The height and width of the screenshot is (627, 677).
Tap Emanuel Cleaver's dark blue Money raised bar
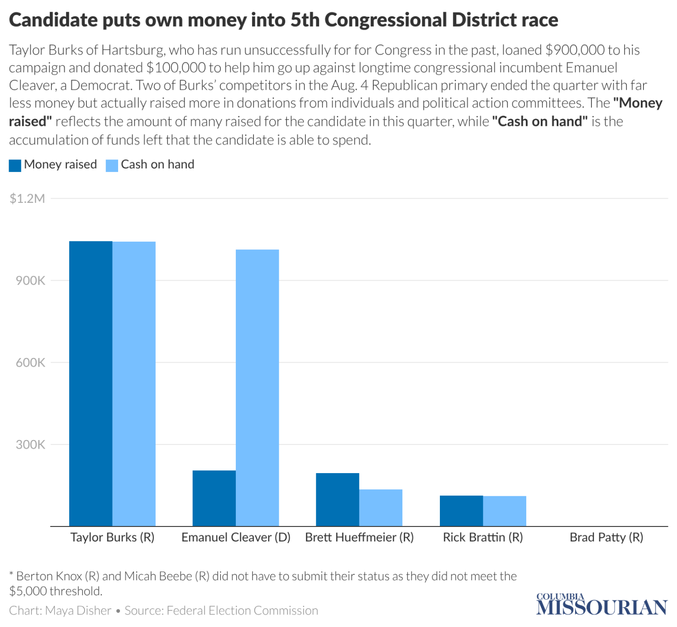coord(214,498)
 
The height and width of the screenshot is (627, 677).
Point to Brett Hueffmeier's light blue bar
coord(381,507)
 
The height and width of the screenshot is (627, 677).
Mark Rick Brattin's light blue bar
coord(505,511)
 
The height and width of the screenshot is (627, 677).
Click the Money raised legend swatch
coord(15,165)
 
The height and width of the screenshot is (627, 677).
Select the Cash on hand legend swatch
coord(112,165)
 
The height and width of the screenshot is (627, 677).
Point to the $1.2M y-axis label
coord(27,199)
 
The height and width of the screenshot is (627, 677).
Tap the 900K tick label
coord(30,281)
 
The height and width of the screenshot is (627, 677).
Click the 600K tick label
coord(30,363)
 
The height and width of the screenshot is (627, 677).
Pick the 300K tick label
coord(30,445)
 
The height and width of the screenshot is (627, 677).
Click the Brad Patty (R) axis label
coord(606,537)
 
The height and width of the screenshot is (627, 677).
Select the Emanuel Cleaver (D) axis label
coord(236,537)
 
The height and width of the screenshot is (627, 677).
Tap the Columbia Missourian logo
coord(601,605)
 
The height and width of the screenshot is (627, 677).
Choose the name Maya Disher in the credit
coord(78,611)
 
